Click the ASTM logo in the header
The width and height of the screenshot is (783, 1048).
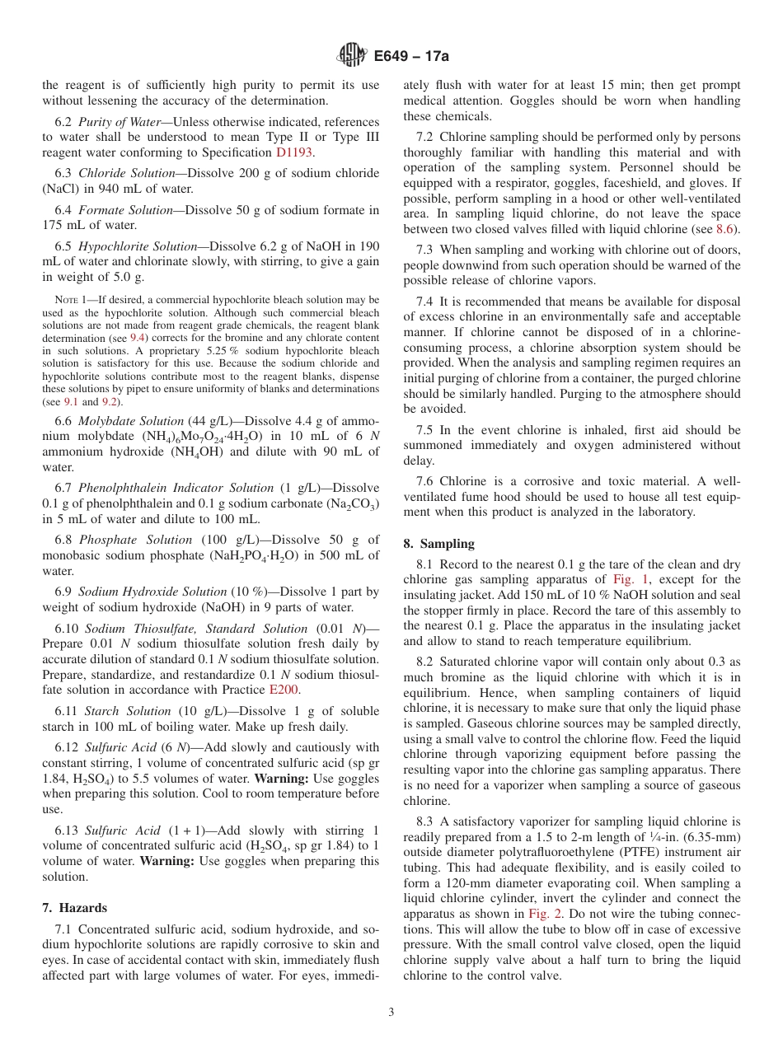pos(353,55)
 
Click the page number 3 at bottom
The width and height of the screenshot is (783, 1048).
pos(391,1012)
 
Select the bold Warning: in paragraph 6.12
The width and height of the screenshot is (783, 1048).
pos(281,779)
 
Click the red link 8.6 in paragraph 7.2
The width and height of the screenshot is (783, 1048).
pos(726,229)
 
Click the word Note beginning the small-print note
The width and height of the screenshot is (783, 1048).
pos(66,300)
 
